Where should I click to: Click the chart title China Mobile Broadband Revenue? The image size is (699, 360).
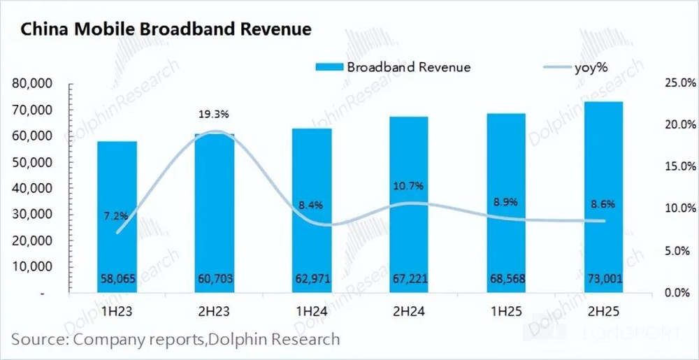(x=166, y=30)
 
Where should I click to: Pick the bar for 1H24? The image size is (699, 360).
(x=312, y=210)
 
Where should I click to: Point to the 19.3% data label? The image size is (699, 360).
(x=215, y=113)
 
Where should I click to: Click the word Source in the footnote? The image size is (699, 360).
(x=37, y=340)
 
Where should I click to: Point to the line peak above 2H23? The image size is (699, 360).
(x=215, y=131)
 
